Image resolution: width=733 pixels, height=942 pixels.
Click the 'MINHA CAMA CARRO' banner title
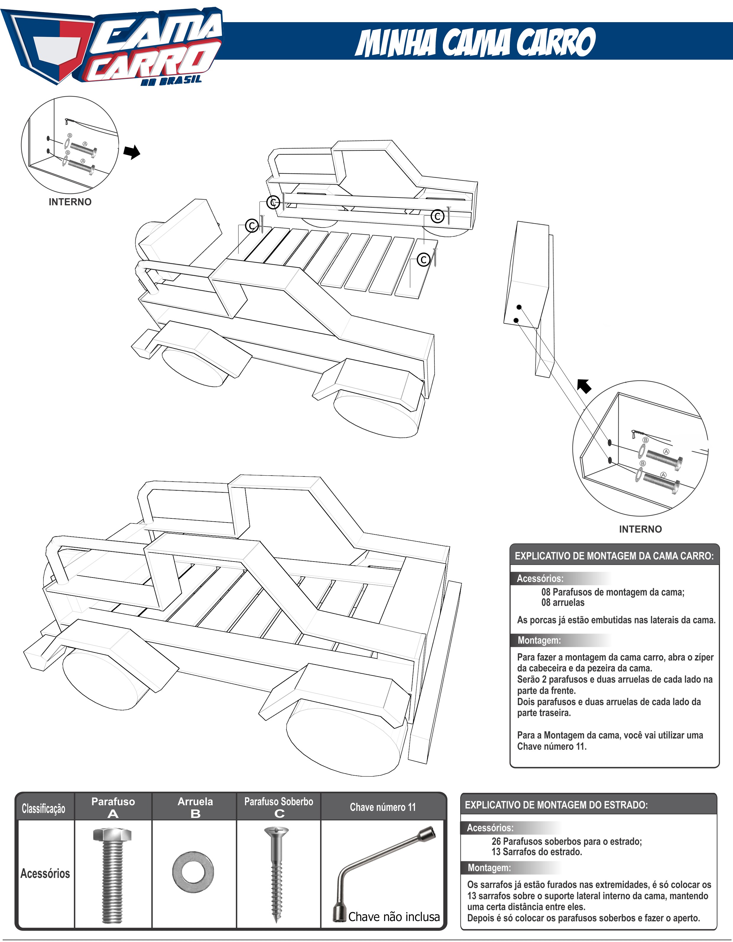click(x=475, y=42)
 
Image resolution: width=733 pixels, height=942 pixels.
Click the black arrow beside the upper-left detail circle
click(x=132, y=152)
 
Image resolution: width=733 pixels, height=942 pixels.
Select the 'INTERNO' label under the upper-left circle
click(x=70, y=202)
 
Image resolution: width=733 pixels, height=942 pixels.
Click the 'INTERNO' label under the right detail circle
click(x=640, y=529)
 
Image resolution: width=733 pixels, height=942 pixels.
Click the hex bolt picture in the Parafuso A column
click(x=113, y=873)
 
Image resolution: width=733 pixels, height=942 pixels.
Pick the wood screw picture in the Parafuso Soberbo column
click(x=276, y=873)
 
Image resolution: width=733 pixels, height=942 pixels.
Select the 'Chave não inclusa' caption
click(x=394, y=917)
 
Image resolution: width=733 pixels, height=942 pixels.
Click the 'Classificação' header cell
click(x=44, y=808)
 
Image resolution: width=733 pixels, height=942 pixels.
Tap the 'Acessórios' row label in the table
click(x=45, y=873)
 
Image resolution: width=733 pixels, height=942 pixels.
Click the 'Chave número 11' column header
click(x=382, y=807)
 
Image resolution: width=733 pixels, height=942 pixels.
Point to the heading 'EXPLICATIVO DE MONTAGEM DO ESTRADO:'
click(x=556, y=805)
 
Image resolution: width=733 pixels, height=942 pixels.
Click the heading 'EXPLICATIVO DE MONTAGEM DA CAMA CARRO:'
click(x=614, y=556)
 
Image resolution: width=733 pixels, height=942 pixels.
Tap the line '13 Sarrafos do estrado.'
click(x=536, y=852)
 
